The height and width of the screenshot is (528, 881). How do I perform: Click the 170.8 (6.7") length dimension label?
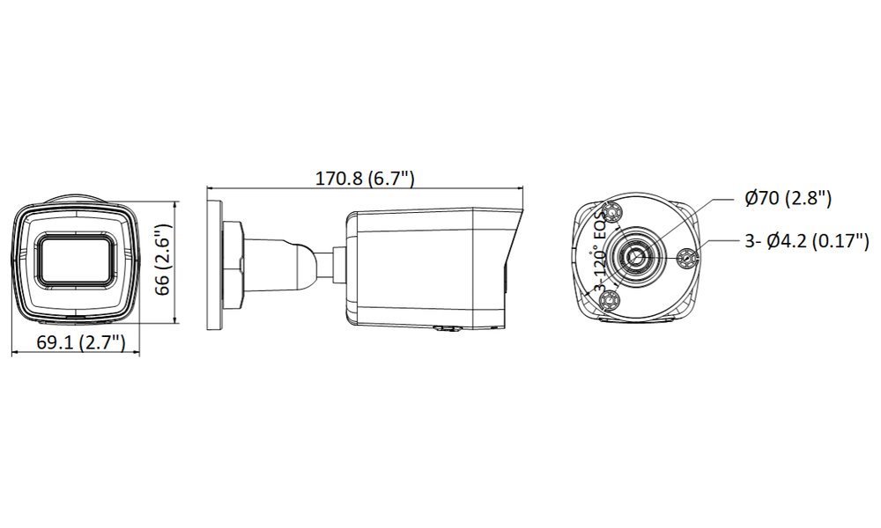pyautogui.click(x=365, y=179)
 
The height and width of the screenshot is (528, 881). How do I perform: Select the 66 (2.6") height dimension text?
pyautogui.click(x=163, y=260)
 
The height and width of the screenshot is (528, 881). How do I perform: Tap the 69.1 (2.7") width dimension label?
pyautogui.click(x=81, y=341)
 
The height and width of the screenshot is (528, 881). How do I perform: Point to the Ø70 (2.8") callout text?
pyautogui.click(x=788, y=198)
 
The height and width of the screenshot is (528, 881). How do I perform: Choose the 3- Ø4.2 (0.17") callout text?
pyautogui.click(x=807, y=241)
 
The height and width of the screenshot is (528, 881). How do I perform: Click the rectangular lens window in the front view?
pyautogui.click(x=76, y=260)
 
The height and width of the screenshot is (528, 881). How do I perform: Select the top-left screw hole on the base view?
pyautogui.click(x=611, y=213)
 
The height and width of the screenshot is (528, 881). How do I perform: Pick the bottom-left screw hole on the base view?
pyautogui.click(x=609, y=302)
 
